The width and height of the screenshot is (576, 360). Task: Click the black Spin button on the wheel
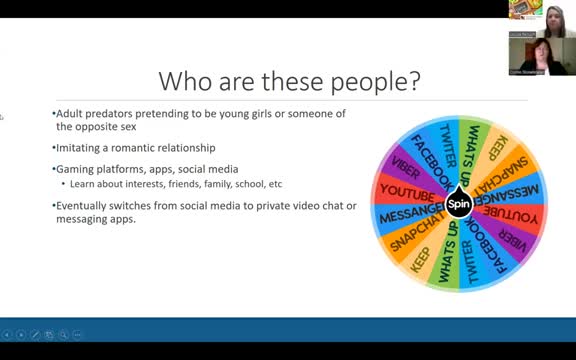click(458, 204)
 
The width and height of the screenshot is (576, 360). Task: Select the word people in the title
click(361, 80)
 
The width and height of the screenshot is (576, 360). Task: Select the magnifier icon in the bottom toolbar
click(63, 334)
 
